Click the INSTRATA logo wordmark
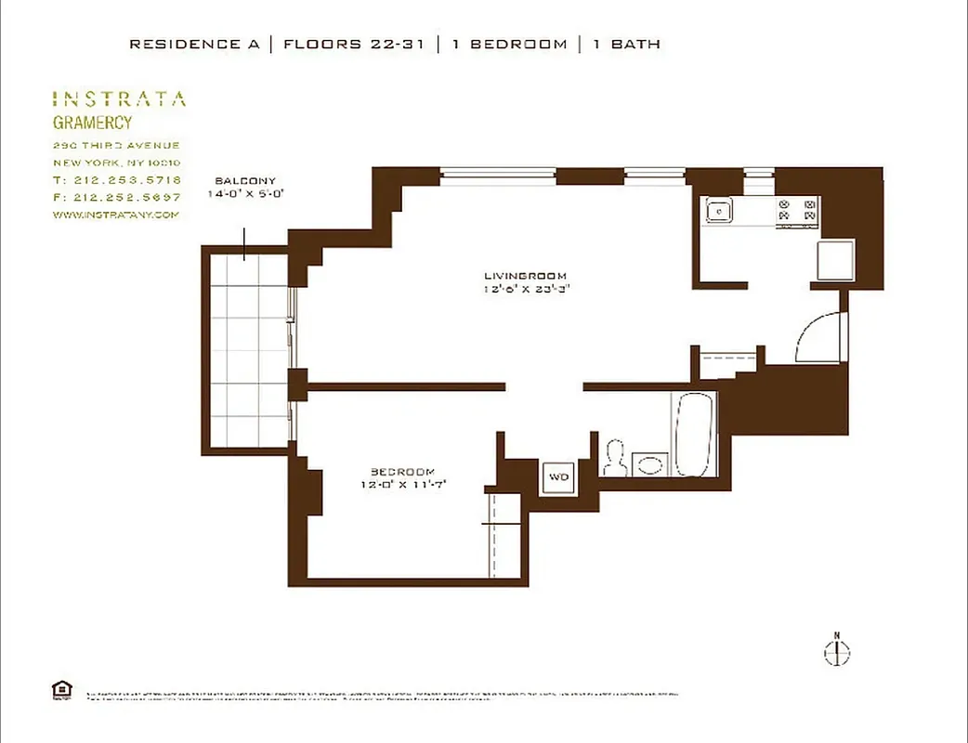[x=118, y=99]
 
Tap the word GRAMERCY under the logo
[x=91, y=123]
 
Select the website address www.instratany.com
[x=115, y=215]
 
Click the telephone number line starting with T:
[x=116, y=179]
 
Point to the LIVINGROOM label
[x=525, y=276]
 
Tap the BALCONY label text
[x=245, y=181]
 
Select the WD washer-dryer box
[x=558, y=476]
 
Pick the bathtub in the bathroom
[x=695, y=434]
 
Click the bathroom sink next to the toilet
[x=650, y=463]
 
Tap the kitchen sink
[x=719, y=211]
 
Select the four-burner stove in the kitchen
[x=798, y=212]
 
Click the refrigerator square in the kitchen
[x=835, y=259]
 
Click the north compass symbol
[x=836, y=652]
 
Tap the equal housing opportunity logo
[x=61, y=689]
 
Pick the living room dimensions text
[x=525, y=289]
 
